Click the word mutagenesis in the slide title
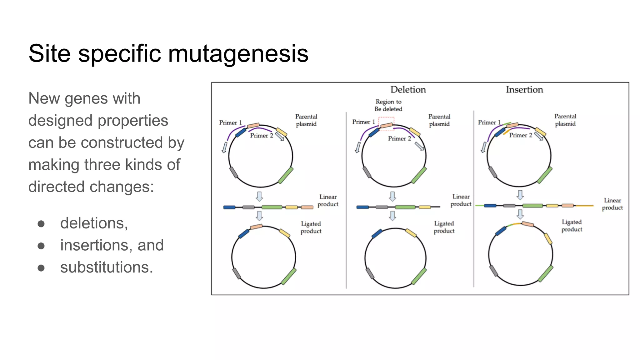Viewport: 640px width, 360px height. point(238,54)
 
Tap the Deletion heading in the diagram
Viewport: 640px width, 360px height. point(408,90)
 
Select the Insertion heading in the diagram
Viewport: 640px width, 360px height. point(524,90)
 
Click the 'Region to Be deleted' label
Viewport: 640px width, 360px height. point(388,105)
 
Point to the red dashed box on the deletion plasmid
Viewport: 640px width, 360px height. point(386,124)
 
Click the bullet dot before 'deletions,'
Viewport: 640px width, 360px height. point(41,224)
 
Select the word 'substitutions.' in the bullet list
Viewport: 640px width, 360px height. point(107,267)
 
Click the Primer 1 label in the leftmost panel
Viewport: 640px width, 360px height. point(230,122)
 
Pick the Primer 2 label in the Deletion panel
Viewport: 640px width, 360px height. point(399,138)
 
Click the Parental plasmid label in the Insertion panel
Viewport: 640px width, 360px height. point(565,120)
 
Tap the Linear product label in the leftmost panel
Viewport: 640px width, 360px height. point(328,200)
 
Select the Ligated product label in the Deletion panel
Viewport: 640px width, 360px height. point(444,227)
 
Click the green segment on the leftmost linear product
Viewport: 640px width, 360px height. point(272,207)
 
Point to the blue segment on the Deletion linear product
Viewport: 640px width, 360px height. point(362,207)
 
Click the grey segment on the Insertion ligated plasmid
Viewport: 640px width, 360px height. point(494,271)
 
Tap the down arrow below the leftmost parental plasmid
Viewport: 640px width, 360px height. point(259,196)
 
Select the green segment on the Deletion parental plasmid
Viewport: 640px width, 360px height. point(419,175)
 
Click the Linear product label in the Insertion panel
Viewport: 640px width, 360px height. point(612,204)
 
